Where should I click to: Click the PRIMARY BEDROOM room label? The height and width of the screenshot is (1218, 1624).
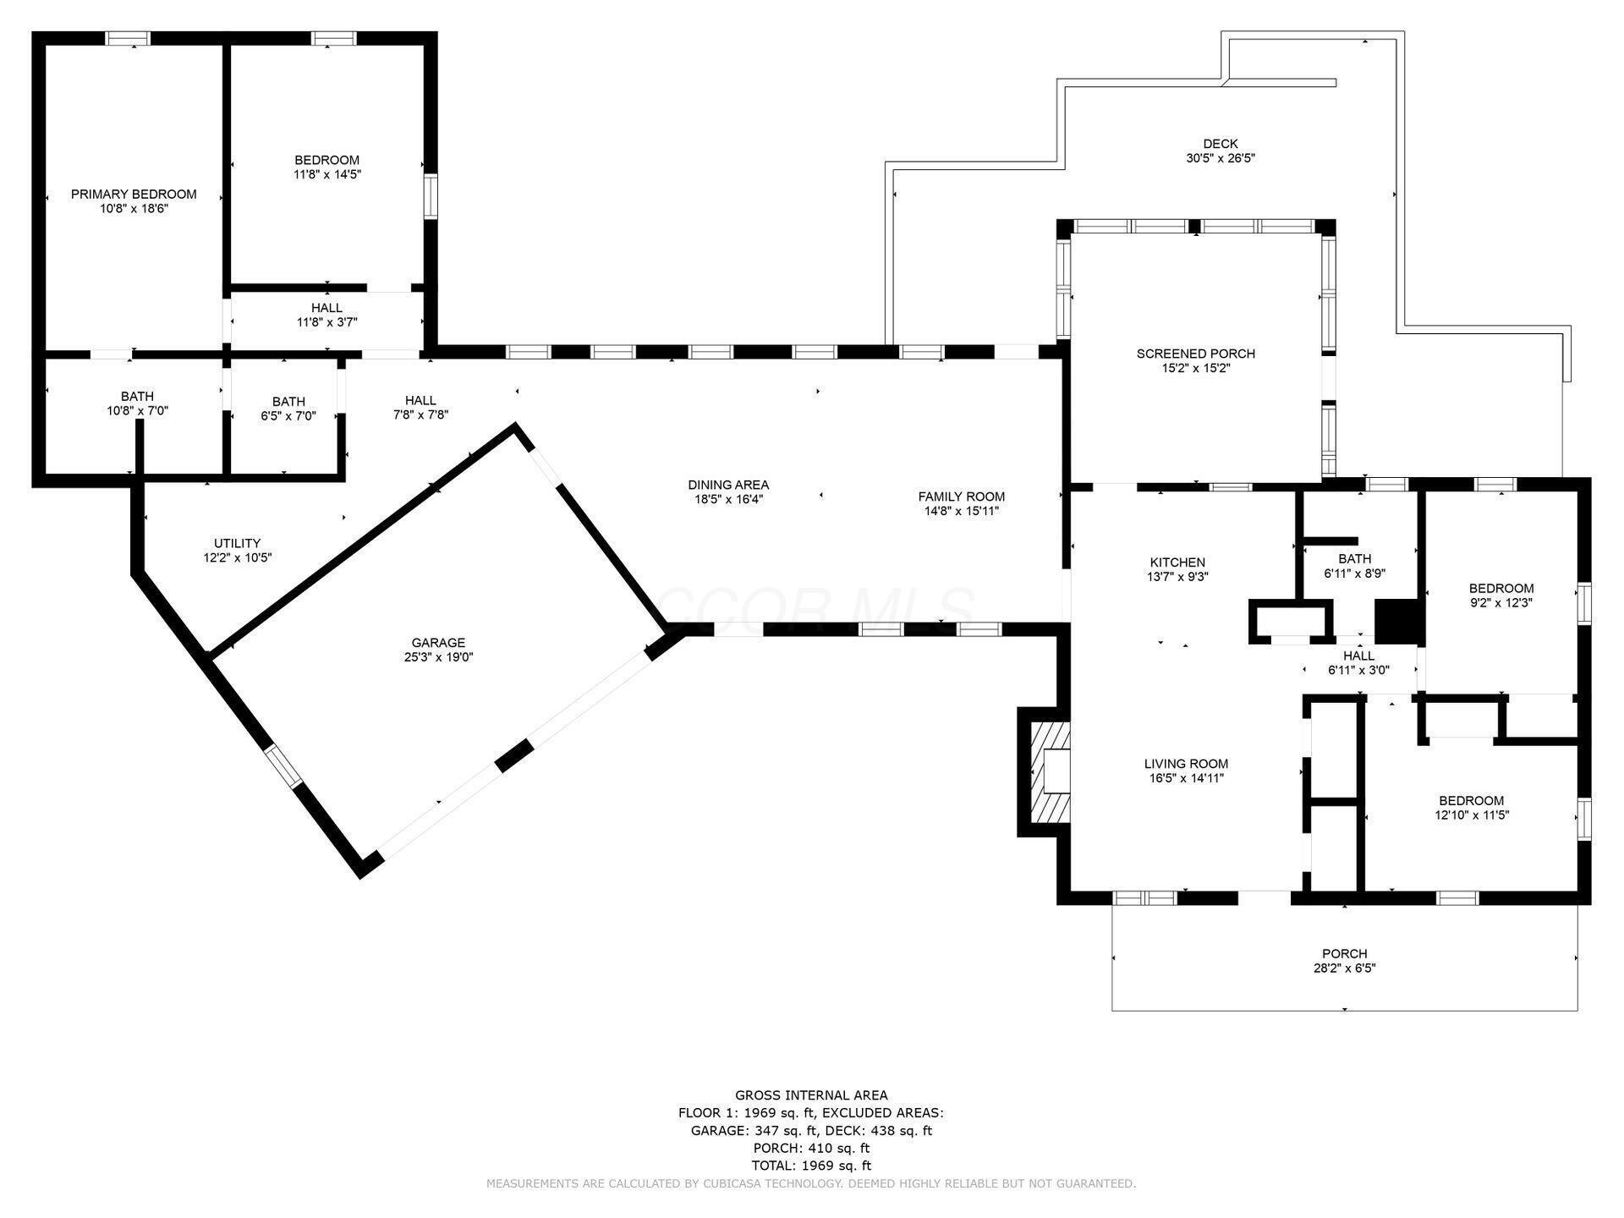[134, 194]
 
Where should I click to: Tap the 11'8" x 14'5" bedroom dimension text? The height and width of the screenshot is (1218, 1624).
[326, 175]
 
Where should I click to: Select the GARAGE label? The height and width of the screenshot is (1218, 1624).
[438, 643]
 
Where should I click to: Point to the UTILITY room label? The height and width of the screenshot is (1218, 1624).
[237, 543]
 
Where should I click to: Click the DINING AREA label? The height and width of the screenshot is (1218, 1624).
[728, 485]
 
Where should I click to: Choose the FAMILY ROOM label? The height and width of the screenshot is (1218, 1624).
[962, 497]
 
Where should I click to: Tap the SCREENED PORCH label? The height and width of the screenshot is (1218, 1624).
[1195, 354]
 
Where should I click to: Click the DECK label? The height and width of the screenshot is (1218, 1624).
[1220, 144]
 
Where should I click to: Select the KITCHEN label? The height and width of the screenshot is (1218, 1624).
[1177, 562]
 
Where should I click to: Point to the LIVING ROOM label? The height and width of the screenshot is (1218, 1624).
[1186, 764]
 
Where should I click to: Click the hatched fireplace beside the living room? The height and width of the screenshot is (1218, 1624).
[1049, 771]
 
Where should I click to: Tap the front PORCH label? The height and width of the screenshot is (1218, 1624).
[1344, 954]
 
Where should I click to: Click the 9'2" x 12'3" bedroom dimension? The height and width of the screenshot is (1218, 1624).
[1501, 603]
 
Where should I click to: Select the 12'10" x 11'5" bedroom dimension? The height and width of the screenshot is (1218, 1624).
[1472, 815]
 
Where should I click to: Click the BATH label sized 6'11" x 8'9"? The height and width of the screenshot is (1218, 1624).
[1354, 558]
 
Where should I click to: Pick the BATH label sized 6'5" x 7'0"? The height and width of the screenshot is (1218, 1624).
[288, 402]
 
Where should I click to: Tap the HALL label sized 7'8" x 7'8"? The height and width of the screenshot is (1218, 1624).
[420, 400]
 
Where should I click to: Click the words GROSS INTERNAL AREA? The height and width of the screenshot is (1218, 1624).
[811, 1095]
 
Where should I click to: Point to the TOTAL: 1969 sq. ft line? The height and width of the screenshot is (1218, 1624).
[811, 1166]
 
